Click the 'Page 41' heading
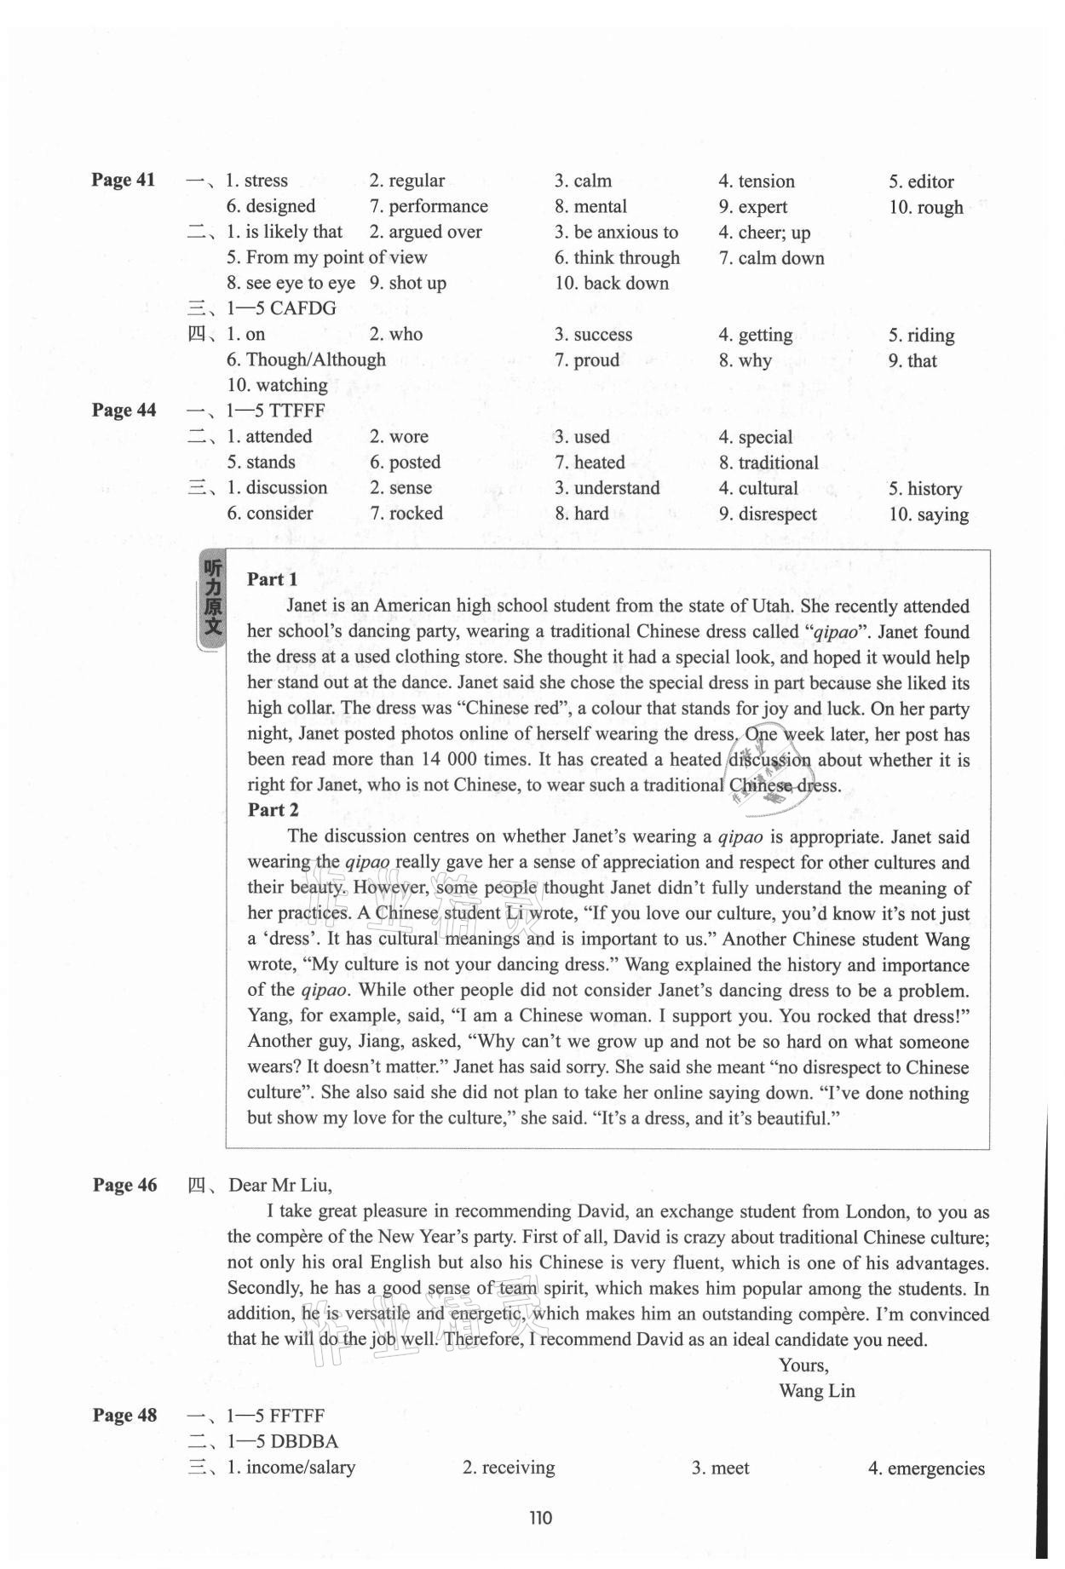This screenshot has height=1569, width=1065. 124,180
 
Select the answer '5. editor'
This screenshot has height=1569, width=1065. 920,181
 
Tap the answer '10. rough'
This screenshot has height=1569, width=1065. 925,207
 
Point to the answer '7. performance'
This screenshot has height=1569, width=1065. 429,206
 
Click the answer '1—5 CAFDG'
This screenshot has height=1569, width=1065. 281,308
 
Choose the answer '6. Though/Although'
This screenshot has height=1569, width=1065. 306,359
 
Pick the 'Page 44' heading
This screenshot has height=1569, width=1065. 124,410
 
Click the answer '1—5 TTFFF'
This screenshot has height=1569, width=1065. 275,411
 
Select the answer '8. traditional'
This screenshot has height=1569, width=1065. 768,463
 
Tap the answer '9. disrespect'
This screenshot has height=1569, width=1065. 767,514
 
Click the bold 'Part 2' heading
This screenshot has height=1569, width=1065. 273,809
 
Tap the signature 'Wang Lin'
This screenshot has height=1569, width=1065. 816,1391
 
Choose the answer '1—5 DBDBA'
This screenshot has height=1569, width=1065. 282,1441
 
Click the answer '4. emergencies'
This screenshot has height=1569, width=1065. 925,1468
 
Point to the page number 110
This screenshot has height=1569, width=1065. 540,1517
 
